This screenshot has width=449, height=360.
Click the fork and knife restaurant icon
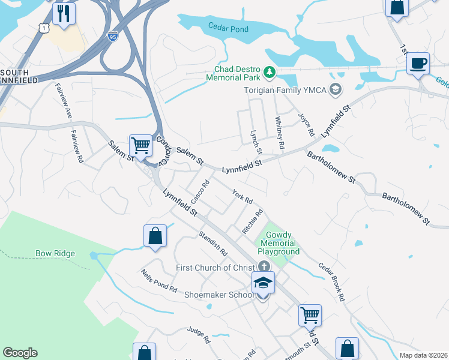click(x=64, y=13)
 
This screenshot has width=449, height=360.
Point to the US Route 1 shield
click(x=43, y=28)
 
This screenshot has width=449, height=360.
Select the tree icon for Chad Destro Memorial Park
click(x=270, y=73)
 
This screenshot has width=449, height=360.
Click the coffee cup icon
click(x=418, y=63)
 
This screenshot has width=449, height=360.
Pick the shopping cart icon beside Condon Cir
click(x=140, y=145)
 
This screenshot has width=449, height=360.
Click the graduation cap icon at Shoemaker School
click(x=263, y=282)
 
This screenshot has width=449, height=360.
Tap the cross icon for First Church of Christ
click(x=264, y=266)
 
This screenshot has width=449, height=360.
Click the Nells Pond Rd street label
click(x=159, y=281)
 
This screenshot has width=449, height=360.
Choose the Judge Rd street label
click(x=199, y=334)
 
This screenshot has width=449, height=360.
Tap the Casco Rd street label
click(x=200, y=192)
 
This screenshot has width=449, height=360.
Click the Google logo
click(x=20, y=353)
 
